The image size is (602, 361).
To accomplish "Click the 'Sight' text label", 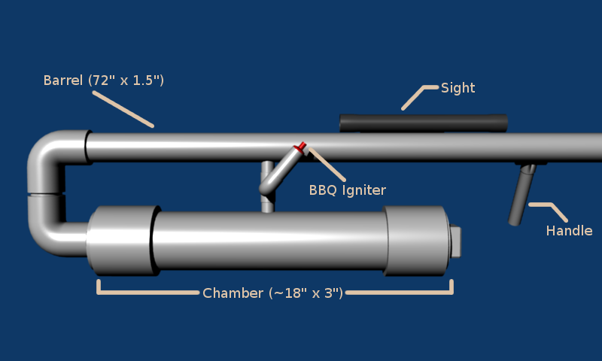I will point(458,88).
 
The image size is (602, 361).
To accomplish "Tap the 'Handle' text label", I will point(569,231).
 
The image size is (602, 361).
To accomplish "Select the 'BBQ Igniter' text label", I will point(347,190).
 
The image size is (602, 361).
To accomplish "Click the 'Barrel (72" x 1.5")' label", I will point(103,80).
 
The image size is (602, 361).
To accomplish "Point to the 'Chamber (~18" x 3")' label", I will point(272,293).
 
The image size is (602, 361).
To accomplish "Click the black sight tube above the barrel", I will point(423,123).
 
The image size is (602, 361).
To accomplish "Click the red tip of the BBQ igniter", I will point(300,147).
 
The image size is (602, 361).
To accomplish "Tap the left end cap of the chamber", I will point(120,241).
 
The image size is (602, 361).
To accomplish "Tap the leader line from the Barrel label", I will point(124,110).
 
